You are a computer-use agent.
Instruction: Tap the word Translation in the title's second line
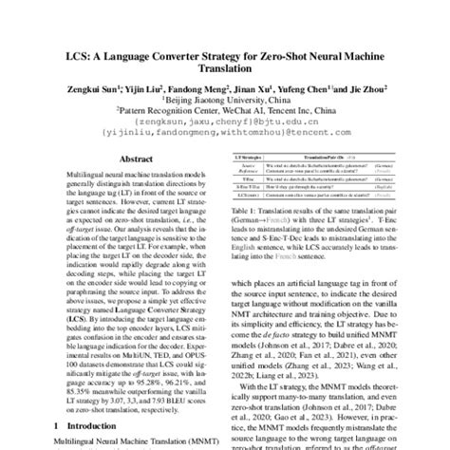click(x=225, y=83)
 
